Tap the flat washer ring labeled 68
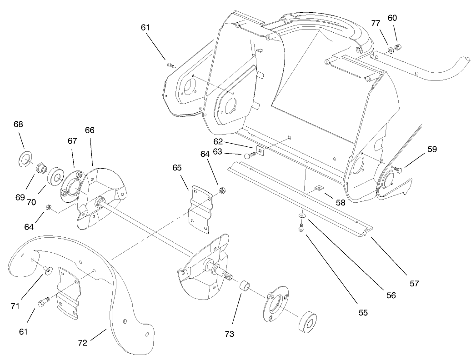tap(24, 160)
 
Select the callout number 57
tap(413, 283)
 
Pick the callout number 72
tap(82, 343)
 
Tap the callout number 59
tap(431, 149)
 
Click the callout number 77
tap(375, 23)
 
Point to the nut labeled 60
tap(397, 46)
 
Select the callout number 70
tap(31, 202)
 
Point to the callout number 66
tap(90, 130)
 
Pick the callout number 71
tap(15, 306)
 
